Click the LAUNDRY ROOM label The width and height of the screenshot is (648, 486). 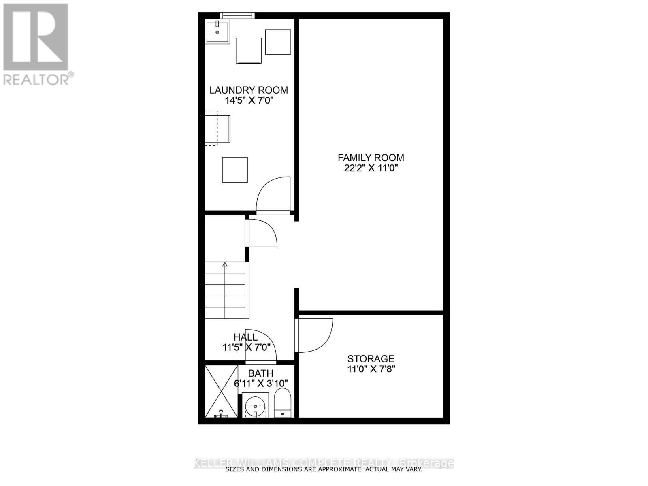coord(249,90)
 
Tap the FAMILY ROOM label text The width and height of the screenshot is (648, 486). coord(371,158)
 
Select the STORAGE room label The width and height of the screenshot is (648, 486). coord(371,359)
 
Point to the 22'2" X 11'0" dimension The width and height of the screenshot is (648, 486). coord(371,168)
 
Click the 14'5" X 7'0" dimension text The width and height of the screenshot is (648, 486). coord(249,100)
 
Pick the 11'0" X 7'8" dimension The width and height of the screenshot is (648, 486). coord(371,369)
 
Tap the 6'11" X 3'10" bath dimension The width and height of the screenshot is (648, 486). coord(261,384)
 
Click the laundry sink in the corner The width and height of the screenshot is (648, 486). coord(217,32)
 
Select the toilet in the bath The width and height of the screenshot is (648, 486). coord(283,403)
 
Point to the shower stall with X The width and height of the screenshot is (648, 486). coord(222,391)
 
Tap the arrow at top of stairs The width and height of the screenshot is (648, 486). coord(225,264)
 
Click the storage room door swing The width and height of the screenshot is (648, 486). coord(315,335)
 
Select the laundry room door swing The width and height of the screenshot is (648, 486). coord(273,195)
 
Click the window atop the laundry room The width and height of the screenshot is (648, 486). coord(237,15)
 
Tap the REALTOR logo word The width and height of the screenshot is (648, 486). coord(36,80)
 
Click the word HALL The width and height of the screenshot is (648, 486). coord(245,337)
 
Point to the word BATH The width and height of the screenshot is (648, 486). coord(261,373)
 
